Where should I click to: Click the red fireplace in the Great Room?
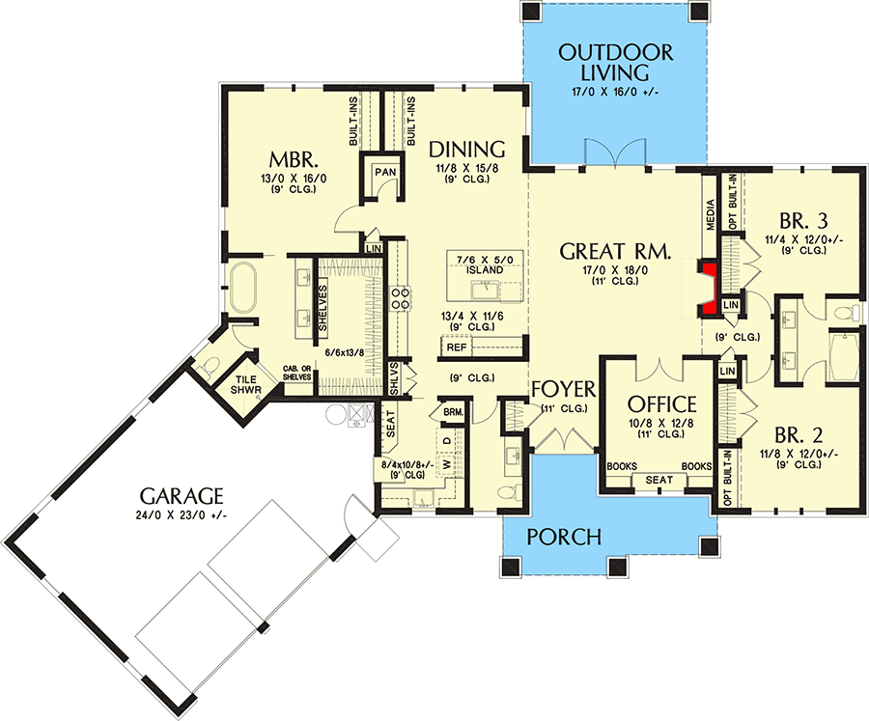tap(711, 288)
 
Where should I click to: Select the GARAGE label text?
tap(182, 496)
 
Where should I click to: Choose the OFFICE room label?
tap(662, 403)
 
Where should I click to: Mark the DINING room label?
tap(467, 150)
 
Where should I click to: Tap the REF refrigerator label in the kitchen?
tap(456, 347)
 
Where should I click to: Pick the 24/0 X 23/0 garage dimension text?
tap(182, 515)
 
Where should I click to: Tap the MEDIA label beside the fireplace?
tap(711, 214)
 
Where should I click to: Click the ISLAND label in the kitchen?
tap(486, 269)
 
